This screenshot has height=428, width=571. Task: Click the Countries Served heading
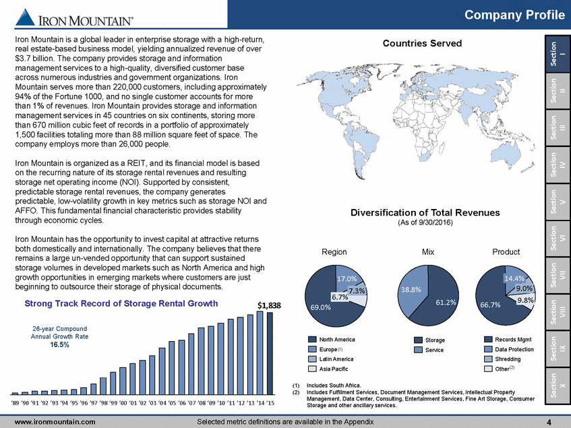click(x=422, y=43)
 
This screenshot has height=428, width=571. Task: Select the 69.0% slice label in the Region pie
click(x=320, y=307)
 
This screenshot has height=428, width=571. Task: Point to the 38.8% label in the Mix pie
click(x=411, y=289)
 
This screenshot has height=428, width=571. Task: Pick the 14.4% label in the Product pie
click(x=515, y=277)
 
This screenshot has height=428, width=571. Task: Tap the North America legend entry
click(x=337, y=340)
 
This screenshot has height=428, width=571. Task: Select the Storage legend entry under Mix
click(x=430, y=340)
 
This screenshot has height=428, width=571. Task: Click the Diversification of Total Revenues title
click(x=425, y=212)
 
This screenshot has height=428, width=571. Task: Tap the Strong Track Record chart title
click(x=121, y=303)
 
